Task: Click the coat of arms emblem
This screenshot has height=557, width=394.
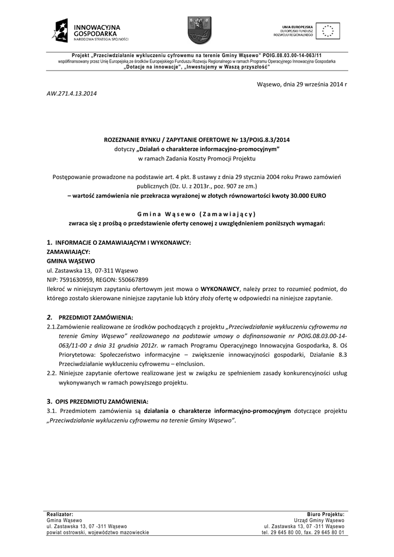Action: (x=196, y=30)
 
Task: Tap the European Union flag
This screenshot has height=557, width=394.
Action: (x=328, y=30)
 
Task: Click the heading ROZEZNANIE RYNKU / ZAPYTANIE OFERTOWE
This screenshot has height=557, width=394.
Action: (x=196, y=140)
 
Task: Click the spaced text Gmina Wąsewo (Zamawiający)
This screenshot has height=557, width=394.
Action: (x=196, y=214)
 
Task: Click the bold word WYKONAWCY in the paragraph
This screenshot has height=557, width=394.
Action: (x=220, y=289)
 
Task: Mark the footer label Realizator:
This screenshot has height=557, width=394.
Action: (x=60, y=514)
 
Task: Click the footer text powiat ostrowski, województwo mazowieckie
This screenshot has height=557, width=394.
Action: (x=98, y=533)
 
